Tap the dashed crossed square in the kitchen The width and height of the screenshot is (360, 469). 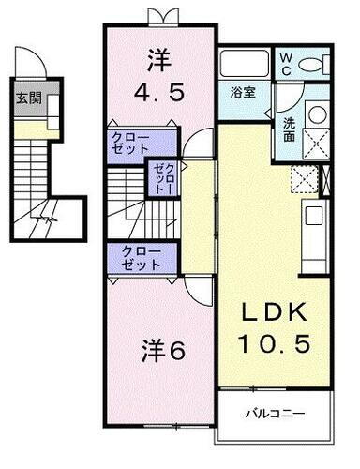pos(306,178)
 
